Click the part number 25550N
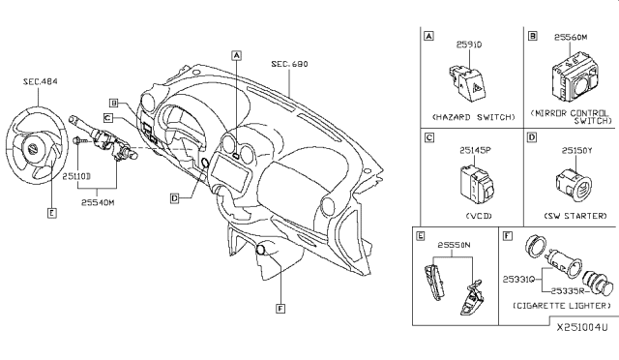pyautogui.click(x=456, y=246)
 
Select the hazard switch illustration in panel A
pyautogui.click(x=467, y=81)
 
